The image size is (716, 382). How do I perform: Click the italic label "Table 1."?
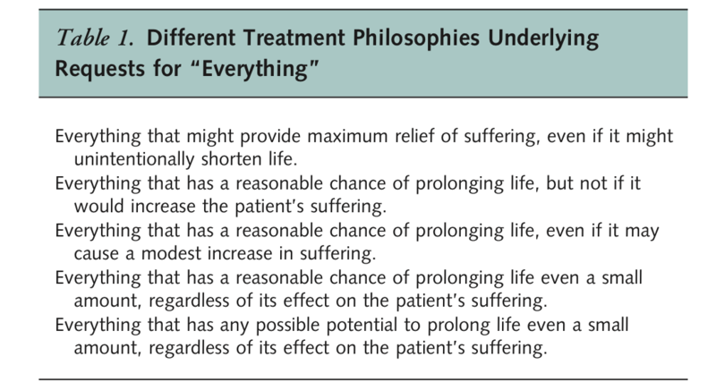[95, 38]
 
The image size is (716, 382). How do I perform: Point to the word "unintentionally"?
[134, 160]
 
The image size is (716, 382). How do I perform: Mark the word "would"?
[99, 207]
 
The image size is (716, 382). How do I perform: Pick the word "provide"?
[270, 137]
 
